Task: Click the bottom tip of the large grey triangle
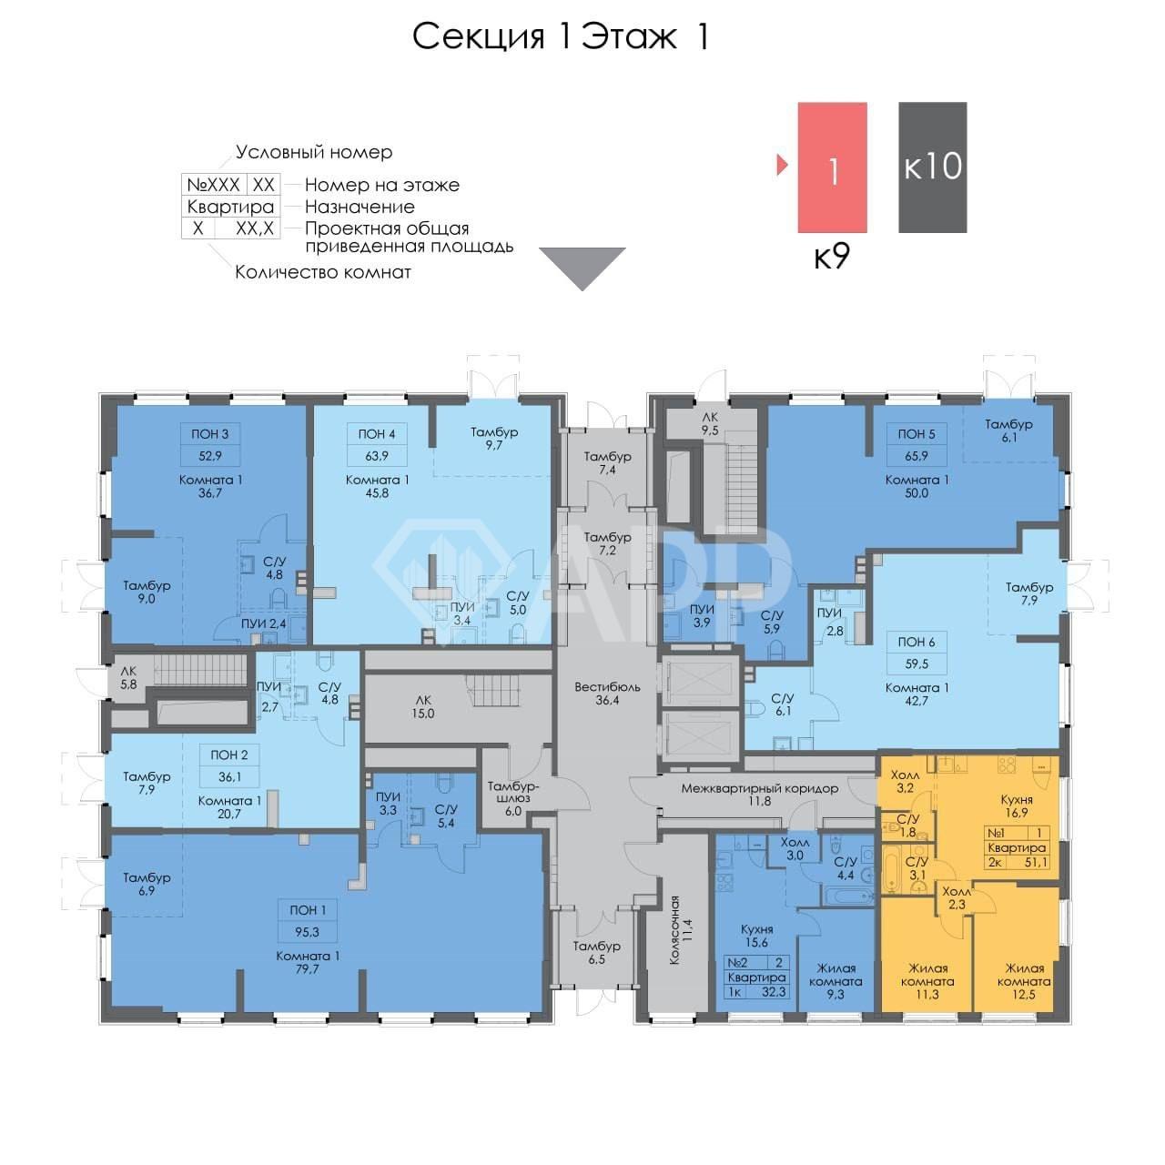coord(582,290)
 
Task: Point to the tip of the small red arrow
coord(788,165)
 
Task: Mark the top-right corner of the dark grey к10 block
coord(967,102)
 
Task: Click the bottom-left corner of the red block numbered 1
coord(798,233)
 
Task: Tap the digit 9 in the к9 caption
coord(841,257)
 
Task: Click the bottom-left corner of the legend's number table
coord(182,238)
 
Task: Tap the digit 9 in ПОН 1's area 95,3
coord(299,932)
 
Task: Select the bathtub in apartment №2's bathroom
coord(846,895)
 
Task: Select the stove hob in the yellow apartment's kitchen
coord(1007,765)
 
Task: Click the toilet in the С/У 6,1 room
coord(755,708)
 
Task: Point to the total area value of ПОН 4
coord(377,456)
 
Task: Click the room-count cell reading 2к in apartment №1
coord(995,863)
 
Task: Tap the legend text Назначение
coord(360,207)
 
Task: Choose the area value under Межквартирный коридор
coord(759,801)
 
